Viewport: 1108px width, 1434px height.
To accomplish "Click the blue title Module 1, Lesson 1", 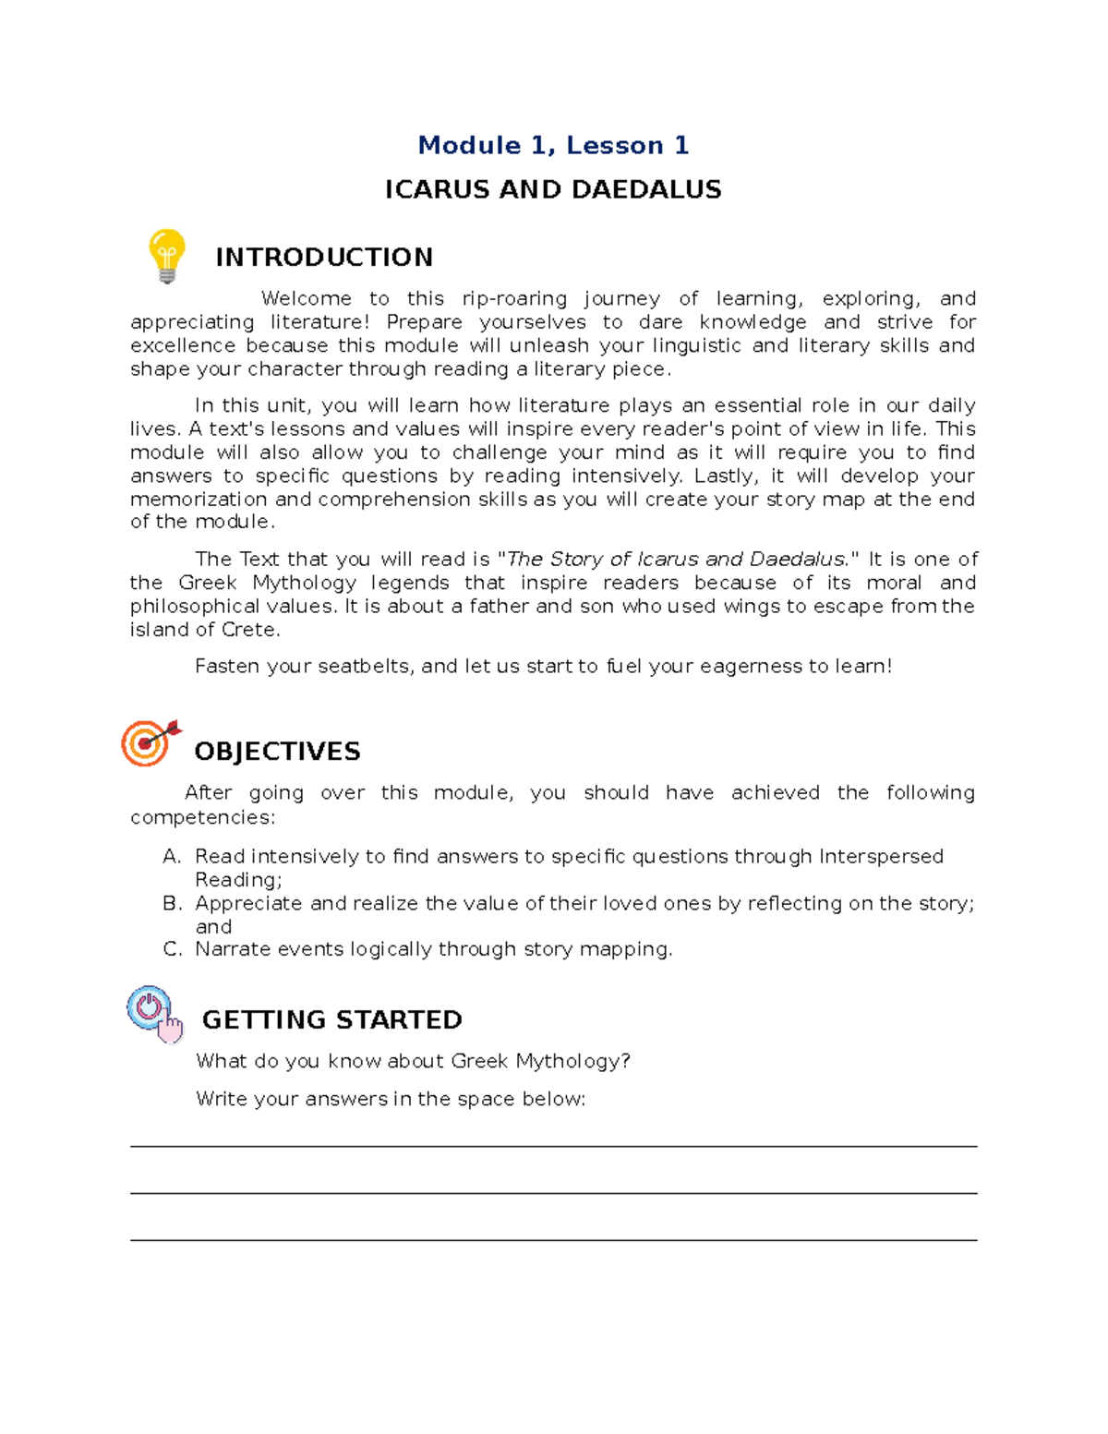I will (x=553, y=146).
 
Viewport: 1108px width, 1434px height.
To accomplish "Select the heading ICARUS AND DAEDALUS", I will (x=553, y=190).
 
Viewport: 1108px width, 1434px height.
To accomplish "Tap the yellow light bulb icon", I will (x=167, y=256).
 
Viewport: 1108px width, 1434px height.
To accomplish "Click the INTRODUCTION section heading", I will (x=323, y=258).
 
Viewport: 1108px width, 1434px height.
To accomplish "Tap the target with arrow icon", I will (x=150, y=742).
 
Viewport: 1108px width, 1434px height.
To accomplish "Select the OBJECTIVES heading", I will (x=277, y=752).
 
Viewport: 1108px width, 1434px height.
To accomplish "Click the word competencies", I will (x=201, y=817).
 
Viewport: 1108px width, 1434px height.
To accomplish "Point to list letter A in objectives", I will (x=171, y=857).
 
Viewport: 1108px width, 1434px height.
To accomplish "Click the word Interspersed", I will (x=881, y=857).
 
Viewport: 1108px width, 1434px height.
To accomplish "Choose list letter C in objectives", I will (x=171, y=949).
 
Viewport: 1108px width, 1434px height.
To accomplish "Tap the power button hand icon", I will (x=154, y=1014).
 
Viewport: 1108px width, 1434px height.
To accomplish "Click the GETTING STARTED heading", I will (x=331, y=1020).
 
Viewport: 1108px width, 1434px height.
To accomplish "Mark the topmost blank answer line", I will (x=553, y=1146).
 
